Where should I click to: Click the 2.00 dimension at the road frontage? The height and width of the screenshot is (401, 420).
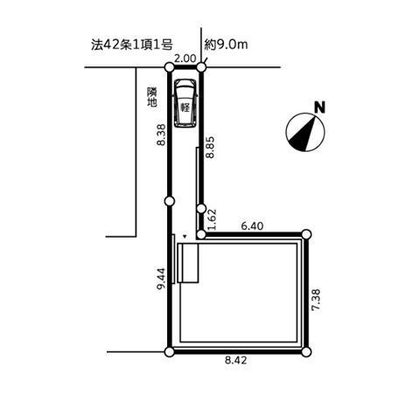tap(185, 59)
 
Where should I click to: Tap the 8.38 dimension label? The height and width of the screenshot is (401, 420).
tap(161, 135)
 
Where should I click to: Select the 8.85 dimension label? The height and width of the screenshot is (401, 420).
tap(210, 147)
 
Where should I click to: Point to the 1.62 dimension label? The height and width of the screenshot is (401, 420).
tap(212, 219)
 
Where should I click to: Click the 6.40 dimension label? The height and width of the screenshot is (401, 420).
tap(252, 225)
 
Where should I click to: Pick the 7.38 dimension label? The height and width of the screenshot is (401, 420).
tap(316, 300)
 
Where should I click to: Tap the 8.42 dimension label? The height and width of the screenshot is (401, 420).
tap(235, 361)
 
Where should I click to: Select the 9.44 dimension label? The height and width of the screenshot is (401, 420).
tap(161, 279)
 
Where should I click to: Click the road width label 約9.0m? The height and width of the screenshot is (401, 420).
tap(226, 45)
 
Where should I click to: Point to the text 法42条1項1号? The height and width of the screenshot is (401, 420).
tap(132, 45)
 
